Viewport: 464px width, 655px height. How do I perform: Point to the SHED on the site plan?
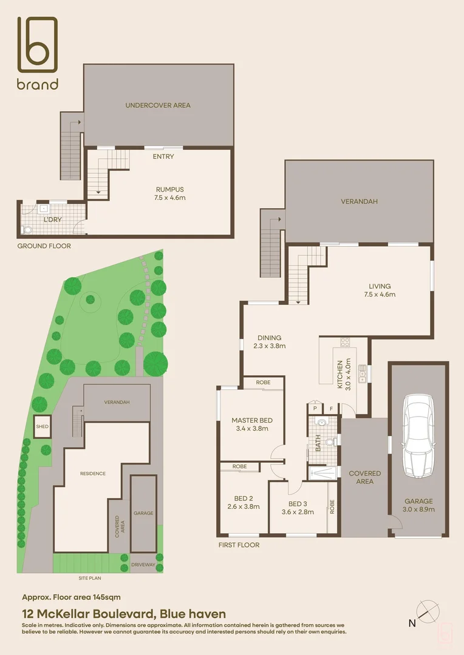(42, 426)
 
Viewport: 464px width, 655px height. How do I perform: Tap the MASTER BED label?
(252, 420)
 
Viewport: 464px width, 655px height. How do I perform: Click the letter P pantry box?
(315, 409)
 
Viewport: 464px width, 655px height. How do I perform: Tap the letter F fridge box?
(331, 409)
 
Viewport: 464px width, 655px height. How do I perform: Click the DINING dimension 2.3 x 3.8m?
(269, 346)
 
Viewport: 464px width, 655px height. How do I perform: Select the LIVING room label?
(380, 286)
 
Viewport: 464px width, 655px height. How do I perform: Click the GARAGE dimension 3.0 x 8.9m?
(418, 509)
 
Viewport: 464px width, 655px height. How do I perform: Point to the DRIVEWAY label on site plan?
(143, 565)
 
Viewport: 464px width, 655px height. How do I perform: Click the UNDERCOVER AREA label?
(158, 105)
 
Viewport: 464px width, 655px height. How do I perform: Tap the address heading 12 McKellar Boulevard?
(123, 614)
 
